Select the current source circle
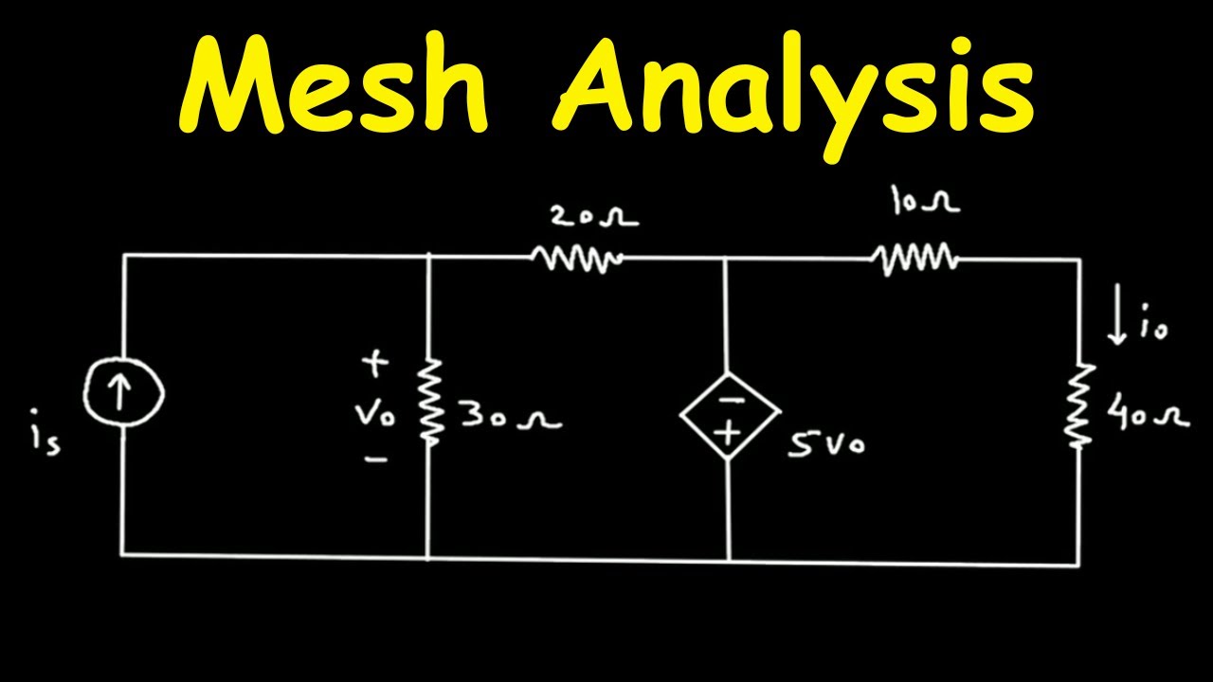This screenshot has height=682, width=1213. point(122,396)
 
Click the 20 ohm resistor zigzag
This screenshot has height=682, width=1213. point(575,258)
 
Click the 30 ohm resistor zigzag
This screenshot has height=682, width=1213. point(431,400)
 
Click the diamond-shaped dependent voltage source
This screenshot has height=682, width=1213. point(729,415)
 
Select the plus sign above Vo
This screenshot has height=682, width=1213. point(376,363)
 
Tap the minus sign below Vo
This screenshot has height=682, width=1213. point(376,459)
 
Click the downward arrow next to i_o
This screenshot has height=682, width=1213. point(1119,321)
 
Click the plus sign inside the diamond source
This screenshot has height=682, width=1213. point(729,433)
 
